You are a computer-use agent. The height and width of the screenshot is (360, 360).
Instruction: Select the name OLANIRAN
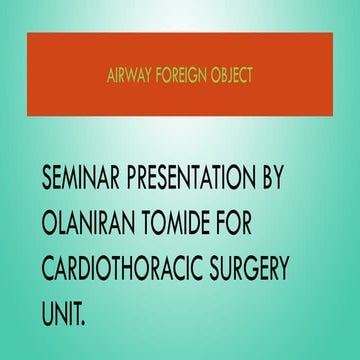click(95, 226)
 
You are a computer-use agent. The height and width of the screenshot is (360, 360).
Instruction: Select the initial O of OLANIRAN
click(49, 226)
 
